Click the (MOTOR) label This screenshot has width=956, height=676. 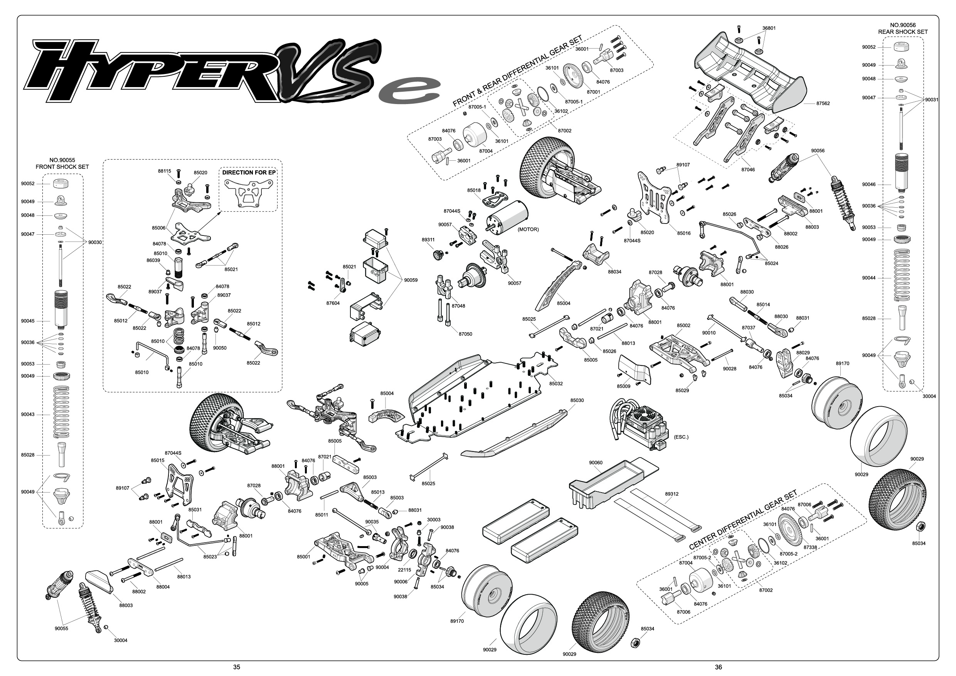[528, 229]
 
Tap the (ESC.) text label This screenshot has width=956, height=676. [681, 437]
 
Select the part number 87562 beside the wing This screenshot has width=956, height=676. [823, 103]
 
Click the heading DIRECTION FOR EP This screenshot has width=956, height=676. [249, 172]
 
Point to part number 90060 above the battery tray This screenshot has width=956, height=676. [596, 462]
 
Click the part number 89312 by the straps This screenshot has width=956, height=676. [672, 494]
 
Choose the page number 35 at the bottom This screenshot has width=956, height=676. [237, 667]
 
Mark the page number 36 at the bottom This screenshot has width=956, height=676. [718, 667]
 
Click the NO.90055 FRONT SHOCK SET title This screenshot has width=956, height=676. [62, 163]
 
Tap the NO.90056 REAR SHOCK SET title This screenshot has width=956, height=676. [903, 28]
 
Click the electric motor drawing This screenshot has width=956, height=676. [506, 215]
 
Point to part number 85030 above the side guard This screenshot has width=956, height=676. [577, 400]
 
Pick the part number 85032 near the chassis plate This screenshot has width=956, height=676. [556, 383]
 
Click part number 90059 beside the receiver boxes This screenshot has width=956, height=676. [411, 280]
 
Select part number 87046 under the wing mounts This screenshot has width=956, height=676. [748, 170]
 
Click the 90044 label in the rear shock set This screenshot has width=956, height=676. [869, 277]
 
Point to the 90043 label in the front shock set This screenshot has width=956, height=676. [28, 415]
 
